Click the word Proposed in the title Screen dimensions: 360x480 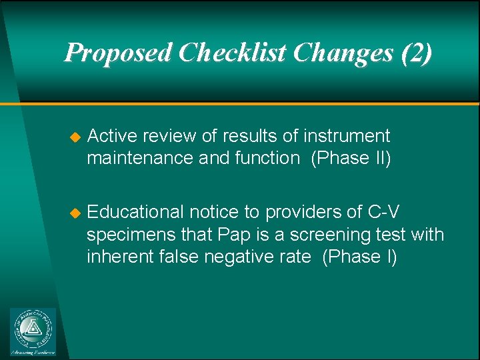117,53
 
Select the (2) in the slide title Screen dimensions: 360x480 416,53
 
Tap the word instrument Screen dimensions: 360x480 347,136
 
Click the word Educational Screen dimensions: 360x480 136,212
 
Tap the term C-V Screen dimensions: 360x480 385,212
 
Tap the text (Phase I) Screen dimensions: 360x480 359,257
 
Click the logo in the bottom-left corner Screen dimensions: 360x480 33,331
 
